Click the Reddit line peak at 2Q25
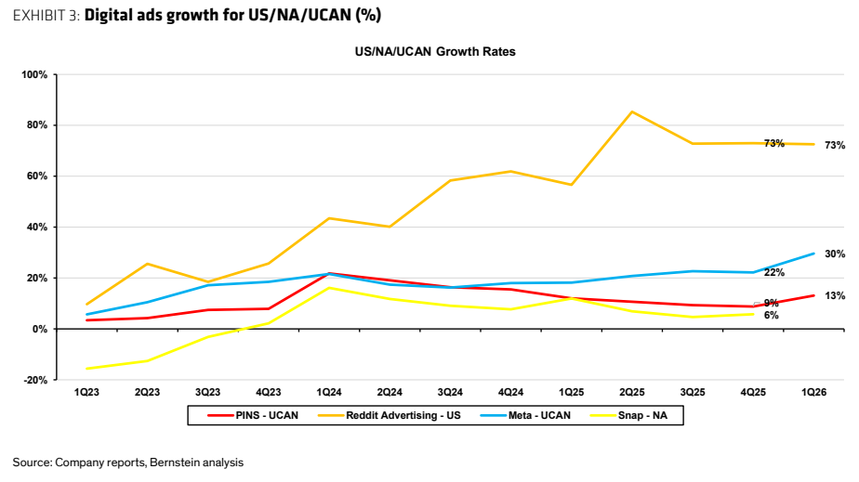(x=632, y=111)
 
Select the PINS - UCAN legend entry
(x=253, y=415)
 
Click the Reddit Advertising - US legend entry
(x=390, y=415)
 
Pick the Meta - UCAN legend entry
(x=525, y=415)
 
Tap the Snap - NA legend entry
(x=628, y=415)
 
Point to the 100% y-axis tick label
(x=34, y=74)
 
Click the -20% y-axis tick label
(x=35, y=380)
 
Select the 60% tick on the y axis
(x=36, y=176)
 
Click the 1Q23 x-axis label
(x=86, y=392)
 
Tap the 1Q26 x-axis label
(x=814, y=392)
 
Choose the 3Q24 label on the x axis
(x=450, y=392)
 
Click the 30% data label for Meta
(x=835, y=254)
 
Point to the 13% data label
(x=835, y=296)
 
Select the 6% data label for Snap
(x=772, y=315)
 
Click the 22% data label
(x=774, y=272)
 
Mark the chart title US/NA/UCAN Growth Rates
(x=435, y=51)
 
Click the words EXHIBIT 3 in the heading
(x=46, y=15)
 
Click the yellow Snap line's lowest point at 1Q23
(x=86, y=368)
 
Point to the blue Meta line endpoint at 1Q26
(x=814, y=254)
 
